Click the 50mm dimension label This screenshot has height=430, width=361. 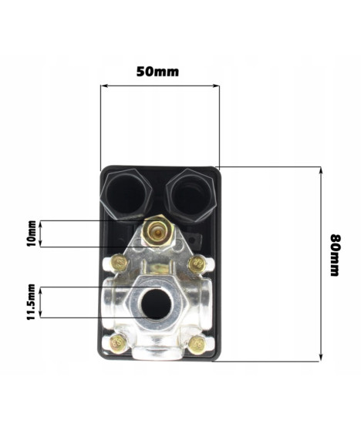pos(157,72)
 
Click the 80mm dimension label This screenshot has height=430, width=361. pos(336,255)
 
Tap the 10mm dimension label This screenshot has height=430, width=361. pos(32,233)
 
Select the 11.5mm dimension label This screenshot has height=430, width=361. pos(31,302)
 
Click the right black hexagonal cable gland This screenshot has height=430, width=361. pos(191,195)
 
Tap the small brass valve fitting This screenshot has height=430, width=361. pos(157,233)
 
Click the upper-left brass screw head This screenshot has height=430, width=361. pos(120,263)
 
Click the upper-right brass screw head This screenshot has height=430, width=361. pos(197,264)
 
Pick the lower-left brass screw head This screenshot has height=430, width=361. pos(118,343)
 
